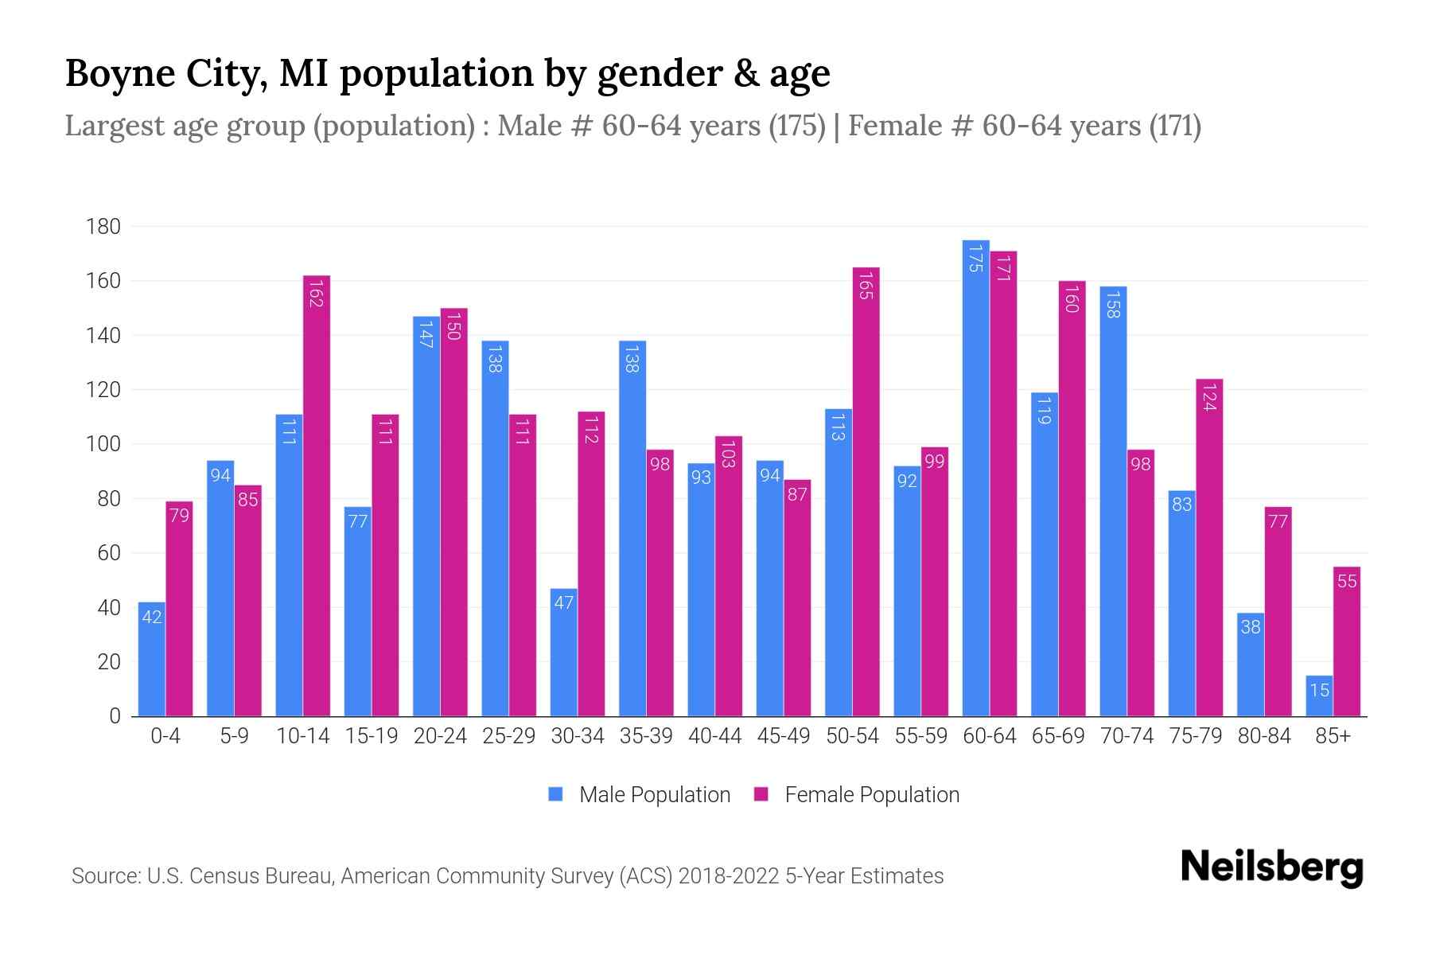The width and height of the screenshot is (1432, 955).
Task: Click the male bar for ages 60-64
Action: coord(975,477)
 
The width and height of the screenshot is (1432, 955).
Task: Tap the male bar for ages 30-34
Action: coord(563,653)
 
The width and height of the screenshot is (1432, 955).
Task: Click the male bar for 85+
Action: coord(1319,696)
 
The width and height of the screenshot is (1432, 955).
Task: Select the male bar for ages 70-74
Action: coord(1113,501)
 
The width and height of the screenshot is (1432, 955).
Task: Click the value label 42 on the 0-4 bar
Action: coord(152,617)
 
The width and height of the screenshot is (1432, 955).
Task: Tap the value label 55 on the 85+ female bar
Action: coord(1346,582)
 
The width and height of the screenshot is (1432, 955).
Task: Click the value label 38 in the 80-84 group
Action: coord(1251,627)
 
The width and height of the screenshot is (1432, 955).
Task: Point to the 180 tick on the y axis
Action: coord(103,227)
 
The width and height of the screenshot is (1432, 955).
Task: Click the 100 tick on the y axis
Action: coord(103,444)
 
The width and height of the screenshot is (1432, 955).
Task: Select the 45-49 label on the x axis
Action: coord(783,736)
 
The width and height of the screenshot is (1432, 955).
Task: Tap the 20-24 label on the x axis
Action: coord(440,736)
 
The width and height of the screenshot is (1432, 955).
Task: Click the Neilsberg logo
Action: coord(1271,867)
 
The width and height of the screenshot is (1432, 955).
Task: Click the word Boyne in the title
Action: coord(119,73)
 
